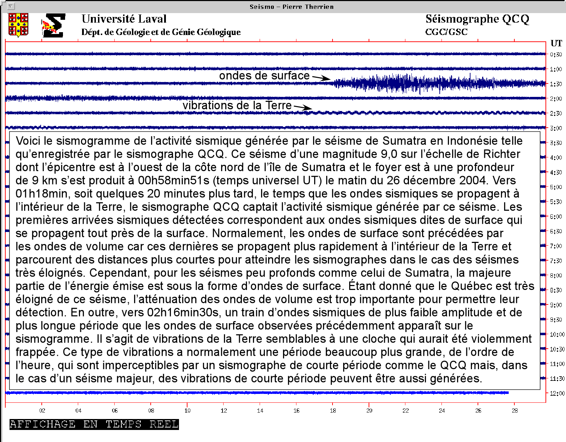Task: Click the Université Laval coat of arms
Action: click(18, 25)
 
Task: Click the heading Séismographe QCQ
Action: click(477, 19)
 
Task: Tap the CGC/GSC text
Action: click(446, 32)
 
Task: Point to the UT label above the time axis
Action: click(556, 43)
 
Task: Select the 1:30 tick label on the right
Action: click(556, 84)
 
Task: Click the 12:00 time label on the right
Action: click(557, 393)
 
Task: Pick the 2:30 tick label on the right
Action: click(556, 114)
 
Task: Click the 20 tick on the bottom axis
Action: click(369, 411)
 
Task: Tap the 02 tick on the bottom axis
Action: click(42, 411)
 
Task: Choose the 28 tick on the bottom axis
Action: click(515, 411)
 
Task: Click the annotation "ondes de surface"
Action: click(264, 76)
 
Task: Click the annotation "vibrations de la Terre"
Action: click(237, 105)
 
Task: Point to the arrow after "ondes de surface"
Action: click(321, 78)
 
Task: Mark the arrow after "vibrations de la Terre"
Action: click(303, 107)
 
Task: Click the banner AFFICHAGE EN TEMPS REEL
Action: click(94, 424)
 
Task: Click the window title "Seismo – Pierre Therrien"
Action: click(291, 7)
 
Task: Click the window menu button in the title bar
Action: click(11, 6)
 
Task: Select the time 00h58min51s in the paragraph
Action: click(174, 180)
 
